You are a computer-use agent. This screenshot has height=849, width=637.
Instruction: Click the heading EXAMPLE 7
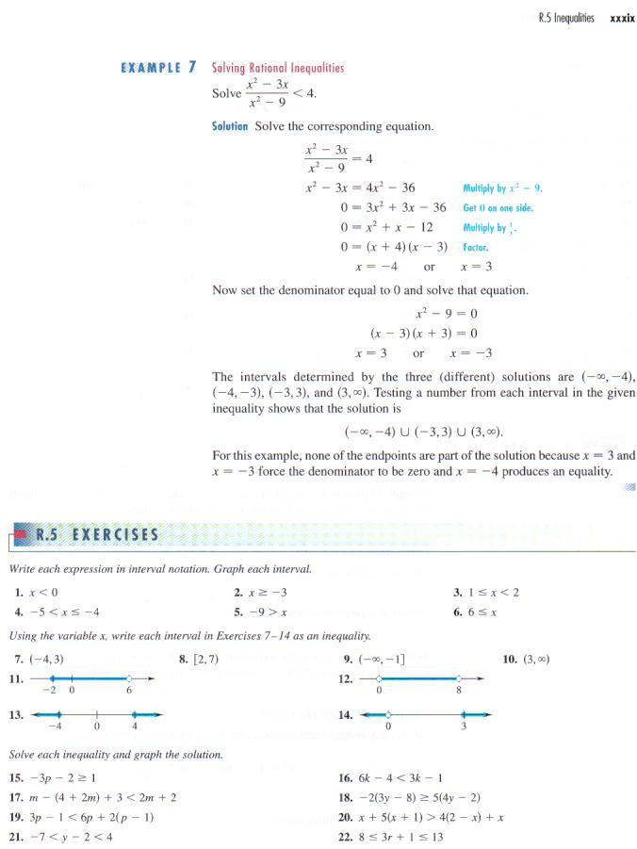click(159, 68)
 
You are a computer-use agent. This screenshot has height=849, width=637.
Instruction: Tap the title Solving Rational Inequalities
click(278, 68)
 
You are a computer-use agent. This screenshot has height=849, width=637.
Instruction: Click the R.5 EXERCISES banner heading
click(95, 536)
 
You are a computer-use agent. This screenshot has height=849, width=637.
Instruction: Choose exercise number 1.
click(19, 593)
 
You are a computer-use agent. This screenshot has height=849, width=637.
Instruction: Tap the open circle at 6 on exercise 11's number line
click(129, 678)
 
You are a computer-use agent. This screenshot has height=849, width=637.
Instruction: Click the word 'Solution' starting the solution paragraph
click(230, 126)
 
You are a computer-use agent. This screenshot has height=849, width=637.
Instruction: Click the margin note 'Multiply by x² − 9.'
click(502, 188)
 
